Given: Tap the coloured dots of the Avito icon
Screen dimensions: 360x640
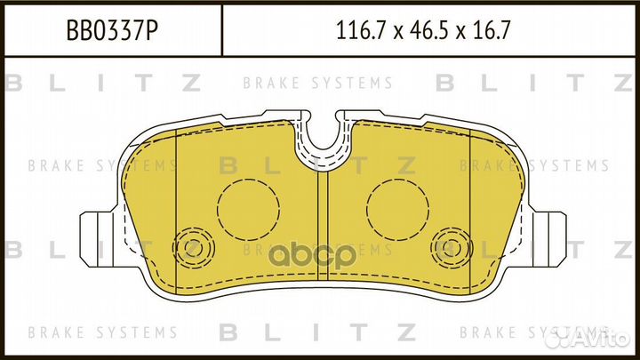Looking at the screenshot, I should [x=560, y=337].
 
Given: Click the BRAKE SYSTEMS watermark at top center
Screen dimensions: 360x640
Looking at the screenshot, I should [x=317, y=84].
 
